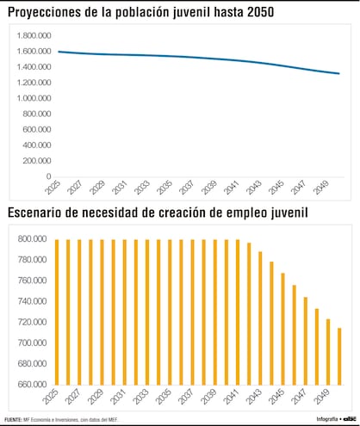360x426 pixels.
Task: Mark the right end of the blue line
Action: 339,74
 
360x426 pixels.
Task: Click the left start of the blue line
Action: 58,52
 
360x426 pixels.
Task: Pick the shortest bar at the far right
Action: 338,356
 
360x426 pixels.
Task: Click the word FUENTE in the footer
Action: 15,419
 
